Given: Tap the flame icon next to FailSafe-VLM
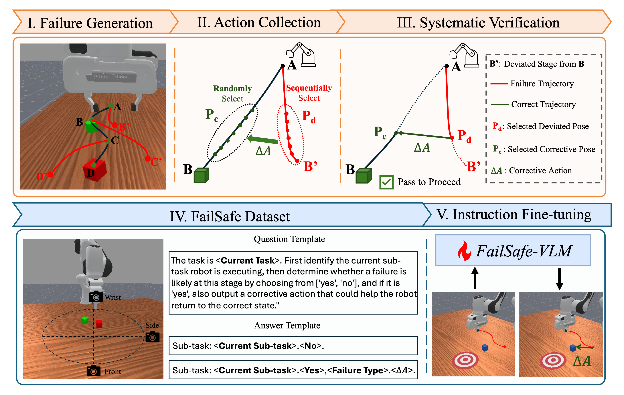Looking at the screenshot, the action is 464,251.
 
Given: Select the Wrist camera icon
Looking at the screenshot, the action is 96,297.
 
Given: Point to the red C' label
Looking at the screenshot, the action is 156,162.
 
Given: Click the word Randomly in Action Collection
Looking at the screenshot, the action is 232,89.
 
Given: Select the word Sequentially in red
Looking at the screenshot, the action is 309,88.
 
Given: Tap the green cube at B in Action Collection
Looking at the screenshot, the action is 201,175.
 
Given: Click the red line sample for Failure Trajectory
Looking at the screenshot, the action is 499,84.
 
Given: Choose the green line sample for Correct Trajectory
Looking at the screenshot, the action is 500,105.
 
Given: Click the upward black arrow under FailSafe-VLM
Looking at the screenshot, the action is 475,278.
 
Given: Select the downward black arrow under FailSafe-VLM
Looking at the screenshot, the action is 560,279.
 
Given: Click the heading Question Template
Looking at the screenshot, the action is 289,239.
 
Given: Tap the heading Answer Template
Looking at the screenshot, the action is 287,325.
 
